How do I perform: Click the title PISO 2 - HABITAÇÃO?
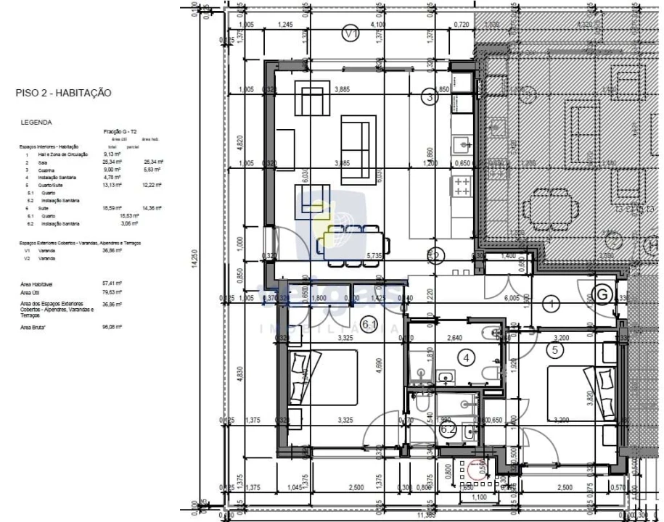coord(62,93)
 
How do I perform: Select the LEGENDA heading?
coord(36,123)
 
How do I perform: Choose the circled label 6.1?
coord(369,325)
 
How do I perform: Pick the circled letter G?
coord(602,294)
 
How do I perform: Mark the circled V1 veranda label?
coord(351,33)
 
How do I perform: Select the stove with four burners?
coord(462,187)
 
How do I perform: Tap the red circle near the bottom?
coord(478,469)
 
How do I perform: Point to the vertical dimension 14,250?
coord(194,262)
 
